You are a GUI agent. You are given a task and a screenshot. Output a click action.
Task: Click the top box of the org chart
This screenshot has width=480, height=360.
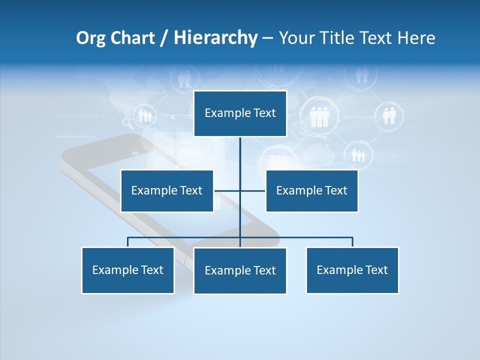[240, 113]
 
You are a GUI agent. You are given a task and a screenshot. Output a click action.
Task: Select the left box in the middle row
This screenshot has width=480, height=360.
[167, 190]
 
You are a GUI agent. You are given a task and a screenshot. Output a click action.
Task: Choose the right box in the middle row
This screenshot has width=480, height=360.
[311, 190]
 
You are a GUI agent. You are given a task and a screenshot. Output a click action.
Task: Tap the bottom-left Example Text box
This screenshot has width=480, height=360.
[127, 270]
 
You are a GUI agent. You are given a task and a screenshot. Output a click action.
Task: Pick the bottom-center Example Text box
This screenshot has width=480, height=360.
[240, 270]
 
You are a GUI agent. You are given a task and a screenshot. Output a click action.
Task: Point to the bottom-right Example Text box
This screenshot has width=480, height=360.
[352, 270]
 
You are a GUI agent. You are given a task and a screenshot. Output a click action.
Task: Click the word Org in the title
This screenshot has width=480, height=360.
[90, 38]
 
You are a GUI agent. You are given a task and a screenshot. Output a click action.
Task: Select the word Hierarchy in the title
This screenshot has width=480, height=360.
[215, 38]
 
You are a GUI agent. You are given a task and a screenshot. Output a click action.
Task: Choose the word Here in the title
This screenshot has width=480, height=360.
[416, 38]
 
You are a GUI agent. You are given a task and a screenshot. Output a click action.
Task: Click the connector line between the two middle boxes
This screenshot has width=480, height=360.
[227, 190]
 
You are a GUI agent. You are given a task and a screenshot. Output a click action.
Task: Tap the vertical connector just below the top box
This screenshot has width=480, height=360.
[240, 150]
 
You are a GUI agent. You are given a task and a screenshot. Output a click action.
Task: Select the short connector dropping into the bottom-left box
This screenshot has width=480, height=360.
[127, 242]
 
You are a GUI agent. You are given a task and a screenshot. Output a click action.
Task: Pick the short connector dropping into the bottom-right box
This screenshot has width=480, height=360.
[352, 242]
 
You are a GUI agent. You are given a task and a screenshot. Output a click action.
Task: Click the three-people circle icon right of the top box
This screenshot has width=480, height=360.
[319, 116]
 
